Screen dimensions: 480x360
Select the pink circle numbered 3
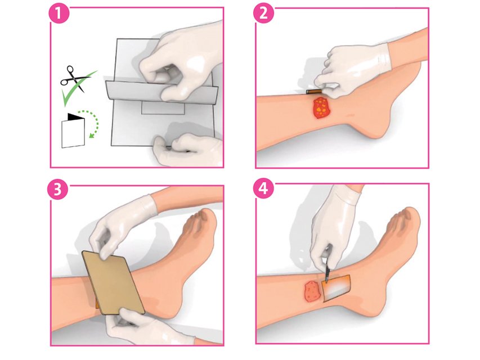[57, 190]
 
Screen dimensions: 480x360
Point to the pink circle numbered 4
[264, 189]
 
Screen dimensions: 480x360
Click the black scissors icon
[74, 79]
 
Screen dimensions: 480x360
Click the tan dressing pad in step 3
[113, 282]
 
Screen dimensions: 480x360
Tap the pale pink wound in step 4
[312, 291]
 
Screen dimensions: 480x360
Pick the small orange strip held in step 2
[314, 92]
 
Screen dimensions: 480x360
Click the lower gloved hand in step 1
[187, 149]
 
